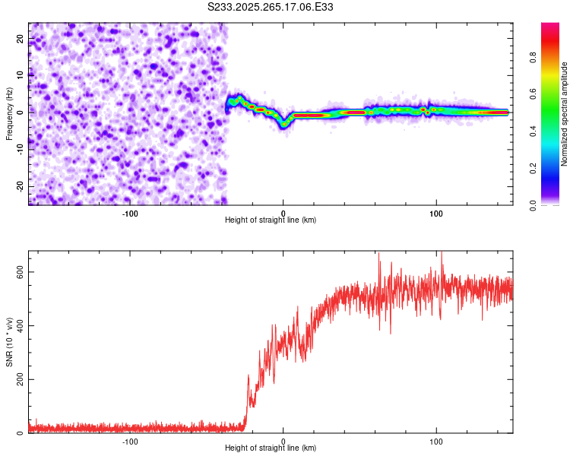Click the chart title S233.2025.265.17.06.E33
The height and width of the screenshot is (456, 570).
(271, 8)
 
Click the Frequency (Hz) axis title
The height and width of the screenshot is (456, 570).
(9, 113)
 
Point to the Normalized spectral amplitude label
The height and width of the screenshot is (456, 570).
(565, 114)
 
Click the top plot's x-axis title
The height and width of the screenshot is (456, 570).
(271, 220)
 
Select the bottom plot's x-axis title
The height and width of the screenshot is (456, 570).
(271, 448)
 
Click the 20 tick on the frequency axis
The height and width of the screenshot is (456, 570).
(21, 38)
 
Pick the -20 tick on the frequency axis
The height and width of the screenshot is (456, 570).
(19, 186)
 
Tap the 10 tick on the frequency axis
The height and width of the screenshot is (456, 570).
(21, 74)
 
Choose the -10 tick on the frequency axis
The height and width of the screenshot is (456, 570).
(19, 149)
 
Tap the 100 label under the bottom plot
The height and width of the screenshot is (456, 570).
(436, 441)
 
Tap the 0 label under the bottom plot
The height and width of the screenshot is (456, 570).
(283, 441)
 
